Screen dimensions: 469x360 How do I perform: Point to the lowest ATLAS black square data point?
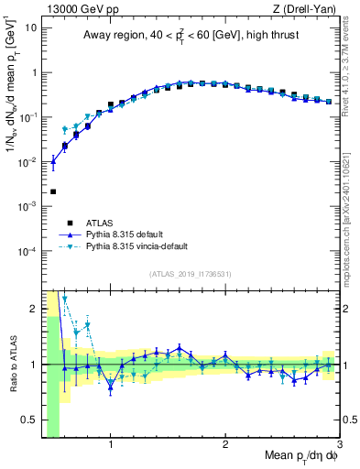click(53, 191)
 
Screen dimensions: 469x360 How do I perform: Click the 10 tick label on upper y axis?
click(30, 27)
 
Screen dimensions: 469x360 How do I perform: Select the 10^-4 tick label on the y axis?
click(27, 251)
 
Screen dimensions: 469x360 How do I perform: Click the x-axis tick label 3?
click(339, 445)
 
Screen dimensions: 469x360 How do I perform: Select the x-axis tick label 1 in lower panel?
click(111, 445)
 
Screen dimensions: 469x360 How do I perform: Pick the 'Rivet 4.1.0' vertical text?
click(350, 60)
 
